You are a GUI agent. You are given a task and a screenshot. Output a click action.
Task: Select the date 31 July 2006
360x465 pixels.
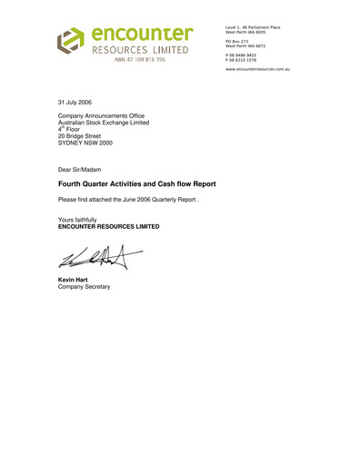tap(74, 102)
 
